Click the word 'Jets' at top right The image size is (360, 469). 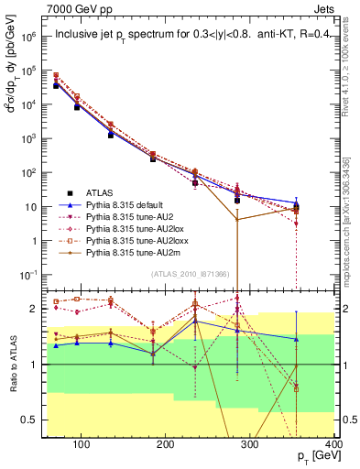pyautogui.click(x=326, y=8)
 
